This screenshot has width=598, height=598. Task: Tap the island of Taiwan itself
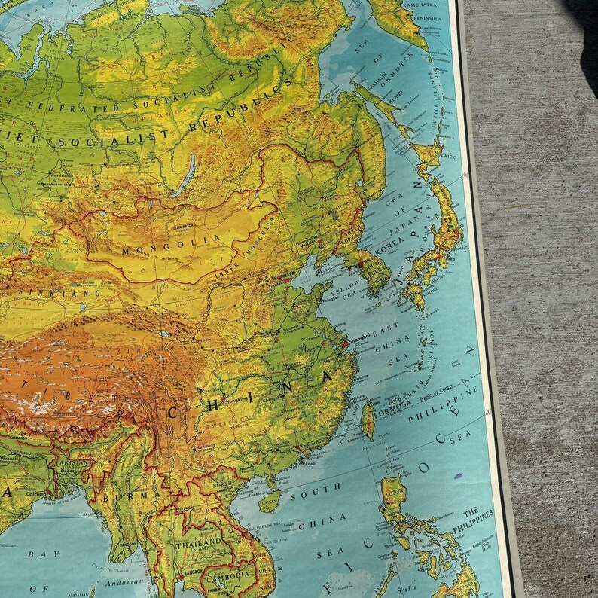(368, 420)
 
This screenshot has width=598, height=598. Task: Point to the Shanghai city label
(360, 336)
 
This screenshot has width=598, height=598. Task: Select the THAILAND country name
(199, 542)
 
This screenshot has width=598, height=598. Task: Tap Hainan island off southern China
(269, 499)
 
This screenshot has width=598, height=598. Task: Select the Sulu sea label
(407, 583)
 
